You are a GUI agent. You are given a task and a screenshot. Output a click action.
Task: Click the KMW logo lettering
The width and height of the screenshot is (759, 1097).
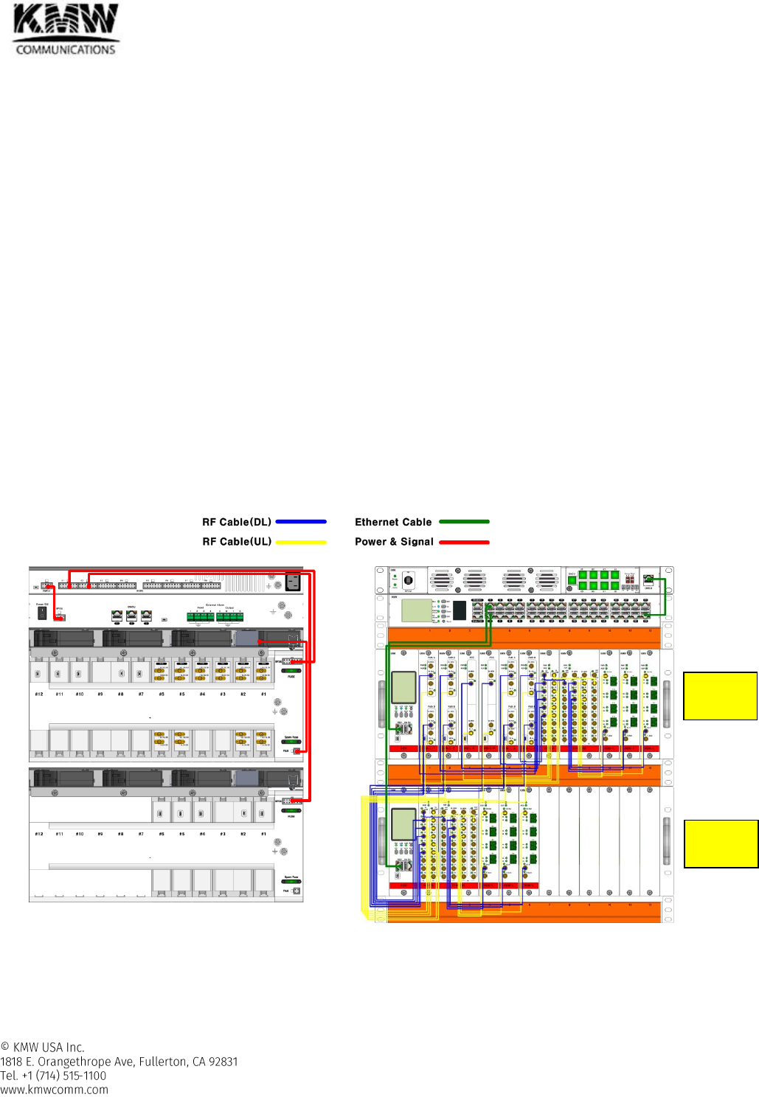tap(66, 21)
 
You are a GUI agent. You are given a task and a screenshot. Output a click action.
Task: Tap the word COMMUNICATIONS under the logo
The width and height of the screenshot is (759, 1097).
tap(66, 50)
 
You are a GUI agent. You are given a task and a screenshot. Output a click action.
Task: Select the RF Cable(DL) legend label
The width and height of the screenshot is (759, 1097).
tap(237, 522)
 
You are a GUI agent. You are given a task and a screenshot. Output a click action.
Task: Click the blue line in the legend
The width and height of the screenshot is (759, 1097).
tap(300, 522)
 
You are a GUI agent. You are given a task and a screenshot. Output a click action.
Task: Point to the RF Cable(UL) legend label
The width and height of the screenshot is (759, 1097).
tap(237, 542)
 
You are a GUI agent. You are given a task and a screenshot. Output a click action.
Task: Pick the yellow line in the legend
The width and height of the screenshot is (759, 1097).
tap(300, 542)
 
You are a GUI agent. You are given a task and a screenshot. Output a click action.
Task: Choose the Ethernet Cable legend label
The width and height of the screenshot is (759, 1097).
tap(393, 522)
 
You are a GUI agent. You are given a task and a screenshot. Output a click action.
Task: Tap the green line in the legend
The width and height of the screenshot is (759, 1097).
tap(464, 522)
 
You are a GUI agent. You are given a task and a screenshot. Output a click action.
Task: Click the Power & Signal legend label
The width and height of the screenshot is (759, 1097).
tap(394, 542)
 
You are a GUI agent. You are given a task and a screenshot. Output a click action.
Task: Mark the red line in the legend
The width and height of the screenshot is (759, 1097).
tap(464, 542)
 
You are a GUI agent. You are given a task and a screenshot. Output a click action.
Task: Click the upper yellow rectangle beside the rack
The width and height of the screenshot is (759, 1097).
tap(720, 696)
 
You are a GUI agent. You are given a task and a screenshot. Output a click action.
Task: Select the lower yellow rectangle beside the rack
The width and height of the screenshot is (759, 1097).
tap(721, 843)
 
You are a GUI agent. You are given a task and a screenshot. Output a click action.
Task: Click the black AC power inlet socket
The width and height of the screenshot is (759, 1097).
tap(293, 582)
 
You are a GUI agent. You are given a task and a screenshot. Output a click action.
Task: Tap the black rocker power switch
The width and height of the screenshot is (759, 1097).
tap(42, 613)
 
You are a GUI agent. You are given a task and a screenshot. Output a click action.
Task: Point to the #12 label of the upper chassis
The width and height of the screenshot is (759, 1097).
tap(39, 694)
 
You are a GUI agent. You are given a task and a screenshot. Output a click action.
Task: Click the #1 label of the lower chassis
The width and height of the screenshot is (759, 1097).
tap(263, 834)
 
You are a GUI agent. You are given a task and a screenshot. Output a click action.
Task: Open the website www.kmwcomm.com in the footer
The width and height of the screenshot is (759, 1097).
tap(54, 1090)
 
